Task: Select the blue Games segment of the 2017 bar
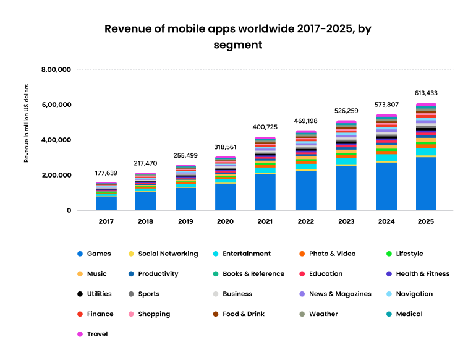coord(106,204)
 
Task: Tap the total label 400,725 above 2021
coord(265,127)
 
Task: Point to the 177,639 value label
coord(106,173)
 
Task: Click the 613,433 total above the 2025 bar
coord(426,93)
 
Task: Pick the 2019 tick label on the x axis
coord(185,221)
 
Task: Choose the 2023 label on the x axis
coord(346,221)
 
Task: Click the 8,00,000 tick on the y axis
coord(56,70)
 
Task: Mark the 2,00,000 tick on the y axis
coord(56,176)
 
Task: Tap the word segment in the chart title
coord(237,45)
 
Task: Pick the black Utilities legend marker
coord(80,294)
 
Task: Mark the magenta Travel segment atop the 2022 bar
coord(305,132)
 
